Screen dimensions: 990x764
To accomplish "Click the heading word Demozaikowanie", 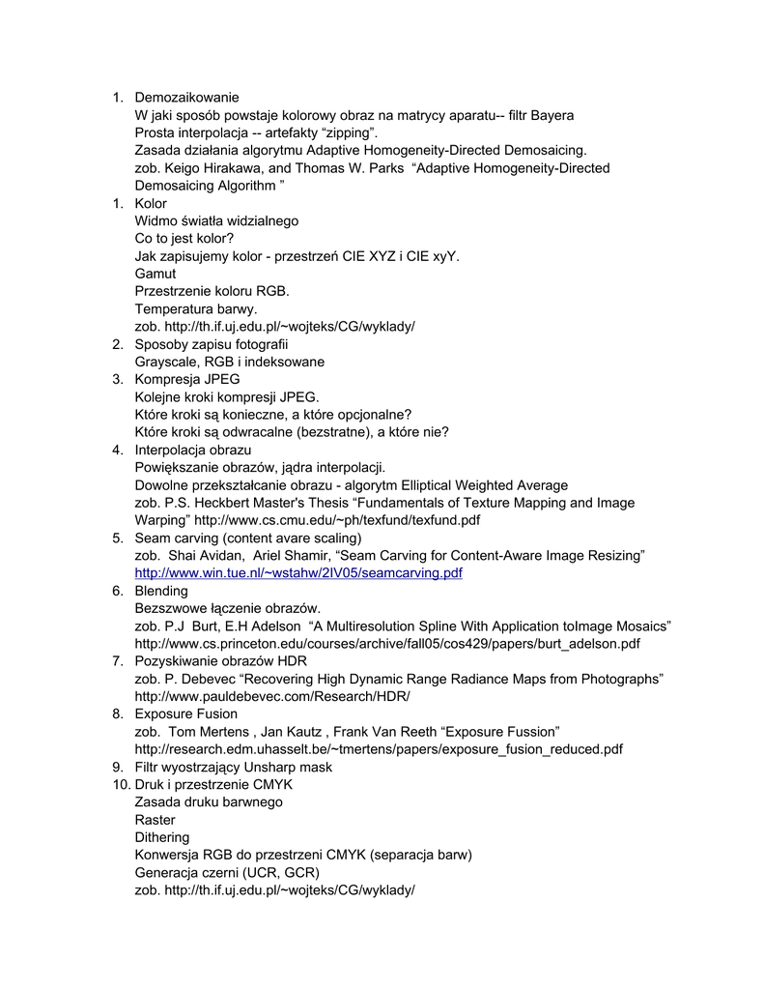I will click(186, 98).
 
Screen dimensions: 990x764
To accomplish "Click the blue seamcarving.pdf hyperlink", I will click(298, 573).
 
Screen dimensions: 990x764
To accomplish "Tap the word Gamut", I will click(156, 274).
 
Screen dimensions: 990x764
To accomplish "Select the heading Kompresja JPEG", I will click(187, 379).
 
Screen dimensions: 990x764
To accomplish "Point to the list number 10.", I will click(119, 784).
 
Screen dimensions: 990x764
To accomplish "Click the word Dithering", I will click(162, 837).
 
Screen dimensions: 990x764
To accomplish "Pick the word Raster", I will click(156, 820).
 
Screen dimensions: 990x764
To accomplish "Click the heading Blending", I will click(161, 591).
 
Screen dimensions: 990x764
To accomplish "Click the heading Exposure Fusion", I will click(185, 713).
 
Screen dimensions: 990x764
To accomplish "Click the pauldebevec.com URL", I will click(272, 696).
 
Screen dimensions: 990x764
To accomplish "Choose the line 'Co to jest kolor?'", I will click(184, 238).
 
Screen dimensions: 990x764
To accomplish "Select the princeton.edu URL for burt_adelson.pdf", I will click(387, 643).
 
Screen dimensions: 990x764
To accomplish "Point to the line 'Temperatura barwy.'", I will click(196, 308).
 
